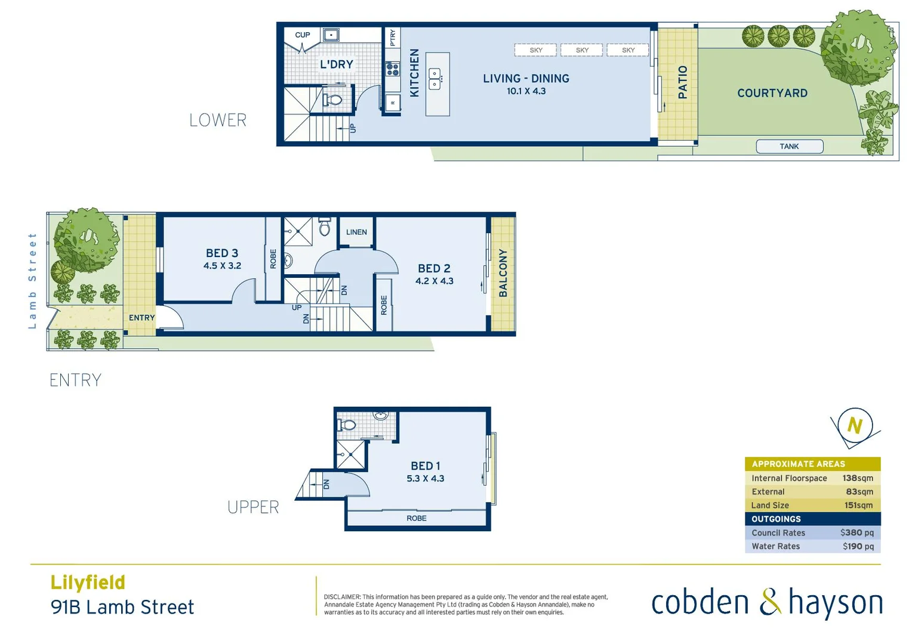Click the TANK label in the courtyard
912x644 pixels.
(x=789, y=146)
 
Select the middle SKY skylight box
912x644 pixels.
(x=582, y=50)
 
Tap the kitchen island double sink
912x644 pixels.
(x=435, y=79)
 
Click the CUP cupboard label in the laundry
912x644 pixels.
(x=303, y=35)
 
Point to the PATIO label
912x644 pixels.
(x=683, y=82)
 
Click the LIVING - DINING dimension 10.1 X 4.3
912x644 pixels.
(x=526, y=91)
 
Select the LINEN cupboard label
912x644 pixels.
(x=356, y=232)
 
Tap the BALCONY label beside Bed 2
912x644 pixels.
(x=503, y=273)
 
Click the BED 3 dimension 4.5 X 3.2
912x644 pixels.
(x=222, y=266)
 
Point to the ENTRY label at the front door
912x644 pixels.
(x=141, y=318)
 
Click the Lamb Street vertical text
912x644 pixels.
(x=33, y=281)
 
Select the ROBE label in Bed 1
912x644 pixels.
(x=417, y=518)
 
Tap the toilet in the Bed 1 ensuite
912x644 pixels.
(x=346, y=425)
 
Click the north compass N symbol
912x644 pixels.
(x=855, y=426)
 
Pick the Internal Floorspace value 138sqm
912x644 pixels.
(x=858, y=478)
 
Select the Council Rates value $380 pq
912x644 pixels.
(x=856, y=532)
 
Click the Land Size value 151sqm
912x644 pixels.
(x=858, y=505)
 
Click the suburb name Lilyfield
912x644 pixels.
(x=88, y=582)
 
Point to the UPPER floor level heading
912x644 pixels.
(x=253, y=507)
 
